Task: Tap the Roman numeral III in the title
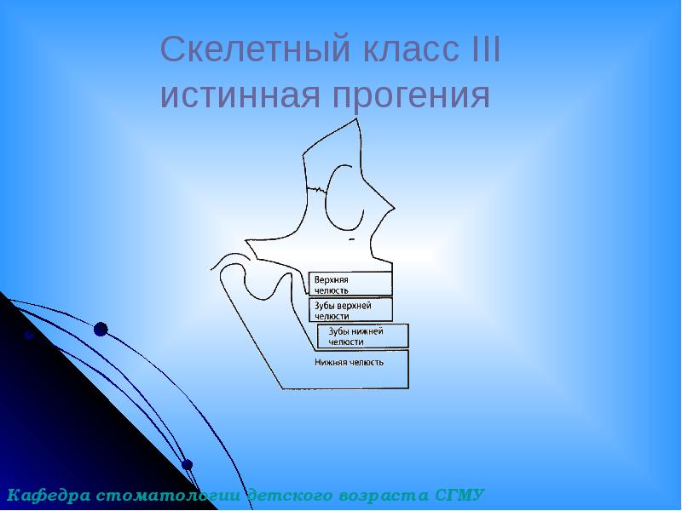coord(485,51)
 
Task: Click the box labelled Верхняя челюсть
coord(350,284)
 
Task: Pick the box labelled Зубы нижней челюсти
coord(362,336)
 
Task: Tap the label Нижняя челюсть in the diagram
coord(350,362)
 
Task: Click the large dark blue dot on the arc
coord(101,329)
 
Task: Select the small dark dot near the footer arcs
coord(188,465)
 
